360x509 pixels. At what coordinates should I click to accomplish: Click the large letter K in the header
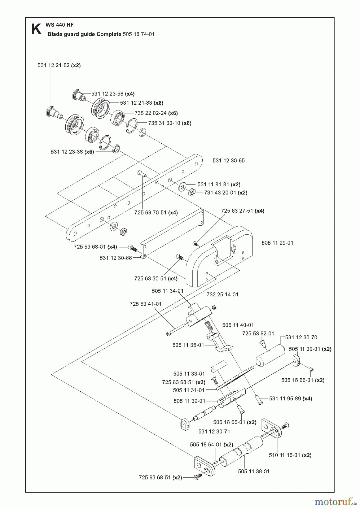click(x=36, y=29)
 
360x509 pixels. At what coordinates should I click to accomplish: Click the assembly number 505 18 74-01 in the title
click(x=139, y=34)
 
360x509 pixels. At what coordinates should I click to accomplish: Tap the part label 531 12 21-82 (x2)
click(x=59, y=65)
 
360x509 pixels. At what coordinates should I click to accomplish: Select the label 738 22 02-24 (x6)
click(x=156, y=113)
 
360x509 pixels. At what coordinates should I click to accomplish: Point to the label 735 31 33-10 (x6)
click(x=170, y=123)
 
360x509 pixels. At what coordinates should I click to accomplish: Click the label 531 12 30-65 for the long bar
click(x=228, y=161)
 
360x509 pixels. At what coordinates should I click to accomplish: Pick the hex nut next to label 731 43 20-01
click(x=192, y=193)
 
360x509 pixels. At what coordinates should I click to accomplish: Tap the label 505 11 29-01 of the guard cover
click(x=277, y=243)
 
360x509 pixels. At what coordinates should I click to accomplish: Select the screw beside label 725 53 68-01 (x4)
click(x=132, y=248)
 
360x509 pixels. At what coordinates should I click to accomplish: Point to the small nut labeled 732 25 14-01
click(x=215, y=308)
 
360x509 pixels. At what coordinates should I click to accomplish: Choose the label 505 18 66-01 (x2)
click(x=303, y=380)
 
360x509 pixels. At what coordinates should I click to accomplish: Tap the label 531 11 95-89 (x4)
click(x=290, y=399)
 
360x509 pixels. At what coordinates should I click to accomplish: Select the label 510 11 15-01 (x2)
click(x=290, y=455)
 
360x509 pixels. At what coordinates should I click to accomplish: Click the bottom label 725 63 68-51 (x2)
click(x=160, y=477)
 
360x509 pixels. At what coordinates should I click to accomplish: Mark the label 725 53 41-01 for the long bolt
click(x=145, y=304)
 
